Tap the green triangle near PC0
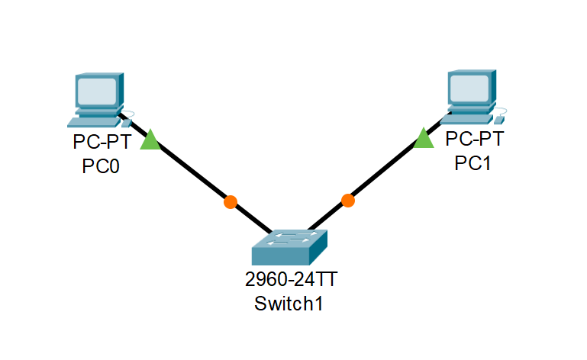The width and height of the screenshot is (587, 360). pos(150,140)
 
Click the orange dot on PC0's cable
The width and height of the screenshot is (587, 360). pos(230,202)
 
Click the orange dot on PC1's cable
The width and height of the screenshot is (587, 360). pos(348,201)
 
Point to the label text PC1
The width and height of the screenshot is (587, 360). pos(473,163)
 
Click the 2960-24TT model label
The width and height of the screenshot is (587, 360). pos(291,280)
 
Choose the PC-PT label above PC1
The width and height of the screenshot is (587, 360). pos(474,139)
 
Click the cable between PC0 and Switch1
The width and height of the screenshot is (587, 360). pos(191,172)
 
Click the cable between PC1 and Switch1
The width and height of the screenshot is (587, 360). pos(385,169)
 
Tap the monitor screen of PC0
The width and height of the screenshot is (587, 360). pos(96,91)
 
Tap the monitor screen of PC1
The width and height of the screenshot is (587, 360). pos(469,88)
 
